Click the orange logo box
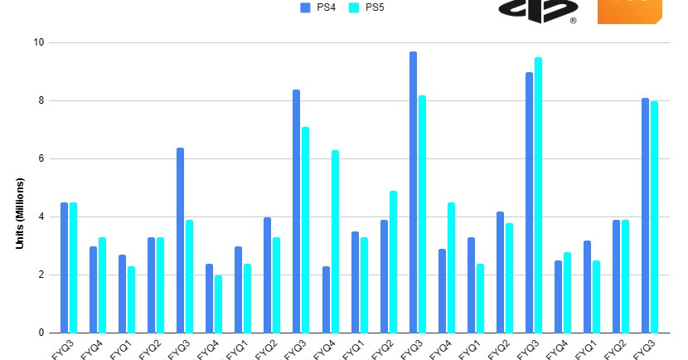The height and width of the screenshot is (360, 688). tap(629, 11)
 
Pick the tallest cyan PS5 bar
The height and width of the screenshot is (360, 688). tap(539, 195)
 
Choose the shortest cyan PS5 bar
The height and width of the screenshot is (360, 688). tap(219, 304)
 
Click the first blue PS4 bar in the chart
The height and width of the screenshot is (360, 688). tap(64, 268)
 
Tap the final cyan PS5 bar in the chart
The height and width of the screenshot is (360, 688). tap(655, 217)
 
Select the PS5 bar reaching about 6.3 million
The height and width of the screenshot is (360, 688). tap(335, 241)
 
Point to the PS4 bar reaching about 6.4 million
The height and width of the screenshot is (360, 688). tap(180, 241)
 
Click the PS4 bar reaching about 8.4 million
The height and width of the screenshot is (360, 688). tap(296, 212)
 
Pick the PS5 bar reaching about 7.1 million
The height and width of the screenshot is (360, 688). tap(306, 230)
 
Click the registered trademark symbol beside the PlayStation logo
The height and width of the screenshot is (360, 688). tap(573, 20)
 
